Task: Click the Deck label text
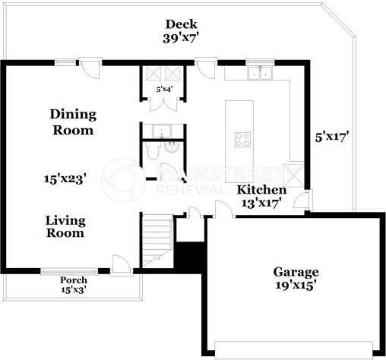[182, 23]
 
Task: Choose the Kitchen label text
[261, 189]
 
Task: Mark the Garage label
[296, 272]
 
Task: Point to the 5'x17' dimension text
[333, 138]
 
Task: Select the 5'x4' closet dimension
[164, 90]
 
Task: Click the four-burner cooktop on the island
[243, 139]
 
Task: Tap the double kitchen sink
[259, 73]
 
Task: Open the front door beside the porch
[120, 265]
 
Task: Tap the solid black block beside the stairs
[188, 253]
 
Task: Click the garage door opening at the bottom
[295, 349]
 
